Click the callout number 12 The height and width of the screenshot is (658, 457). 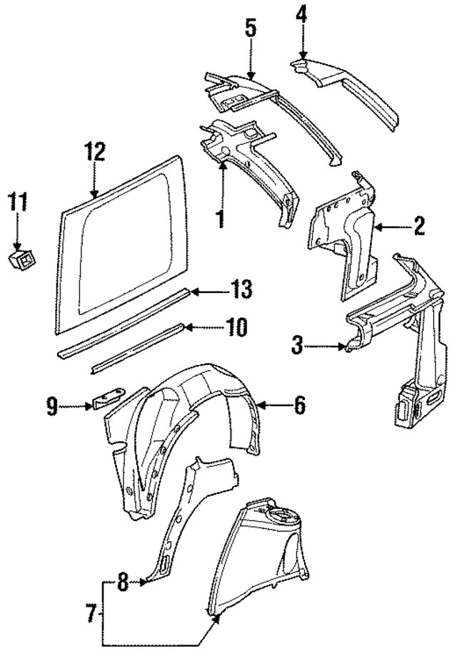(94, 152)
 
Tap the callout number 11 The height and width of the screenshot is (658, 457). (18, 202)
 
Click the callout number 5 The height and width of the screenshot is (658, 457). (250, 29)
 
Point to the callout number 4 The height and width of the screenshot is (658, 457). (302, 14)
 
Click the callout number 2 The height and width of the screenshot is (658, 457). (418, 227)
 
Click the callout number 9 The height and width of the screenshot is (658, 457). (51, 406)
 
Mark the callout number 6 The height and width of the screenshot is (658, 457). (299, 406)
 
